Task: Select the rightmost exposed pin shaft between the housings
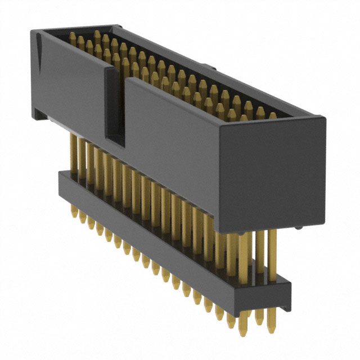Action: (x=272, y=253)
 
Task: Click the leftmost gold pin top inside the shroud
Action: (x=73, y=37)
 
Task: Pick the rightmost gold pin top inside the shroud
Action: (x=273, y=116)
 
